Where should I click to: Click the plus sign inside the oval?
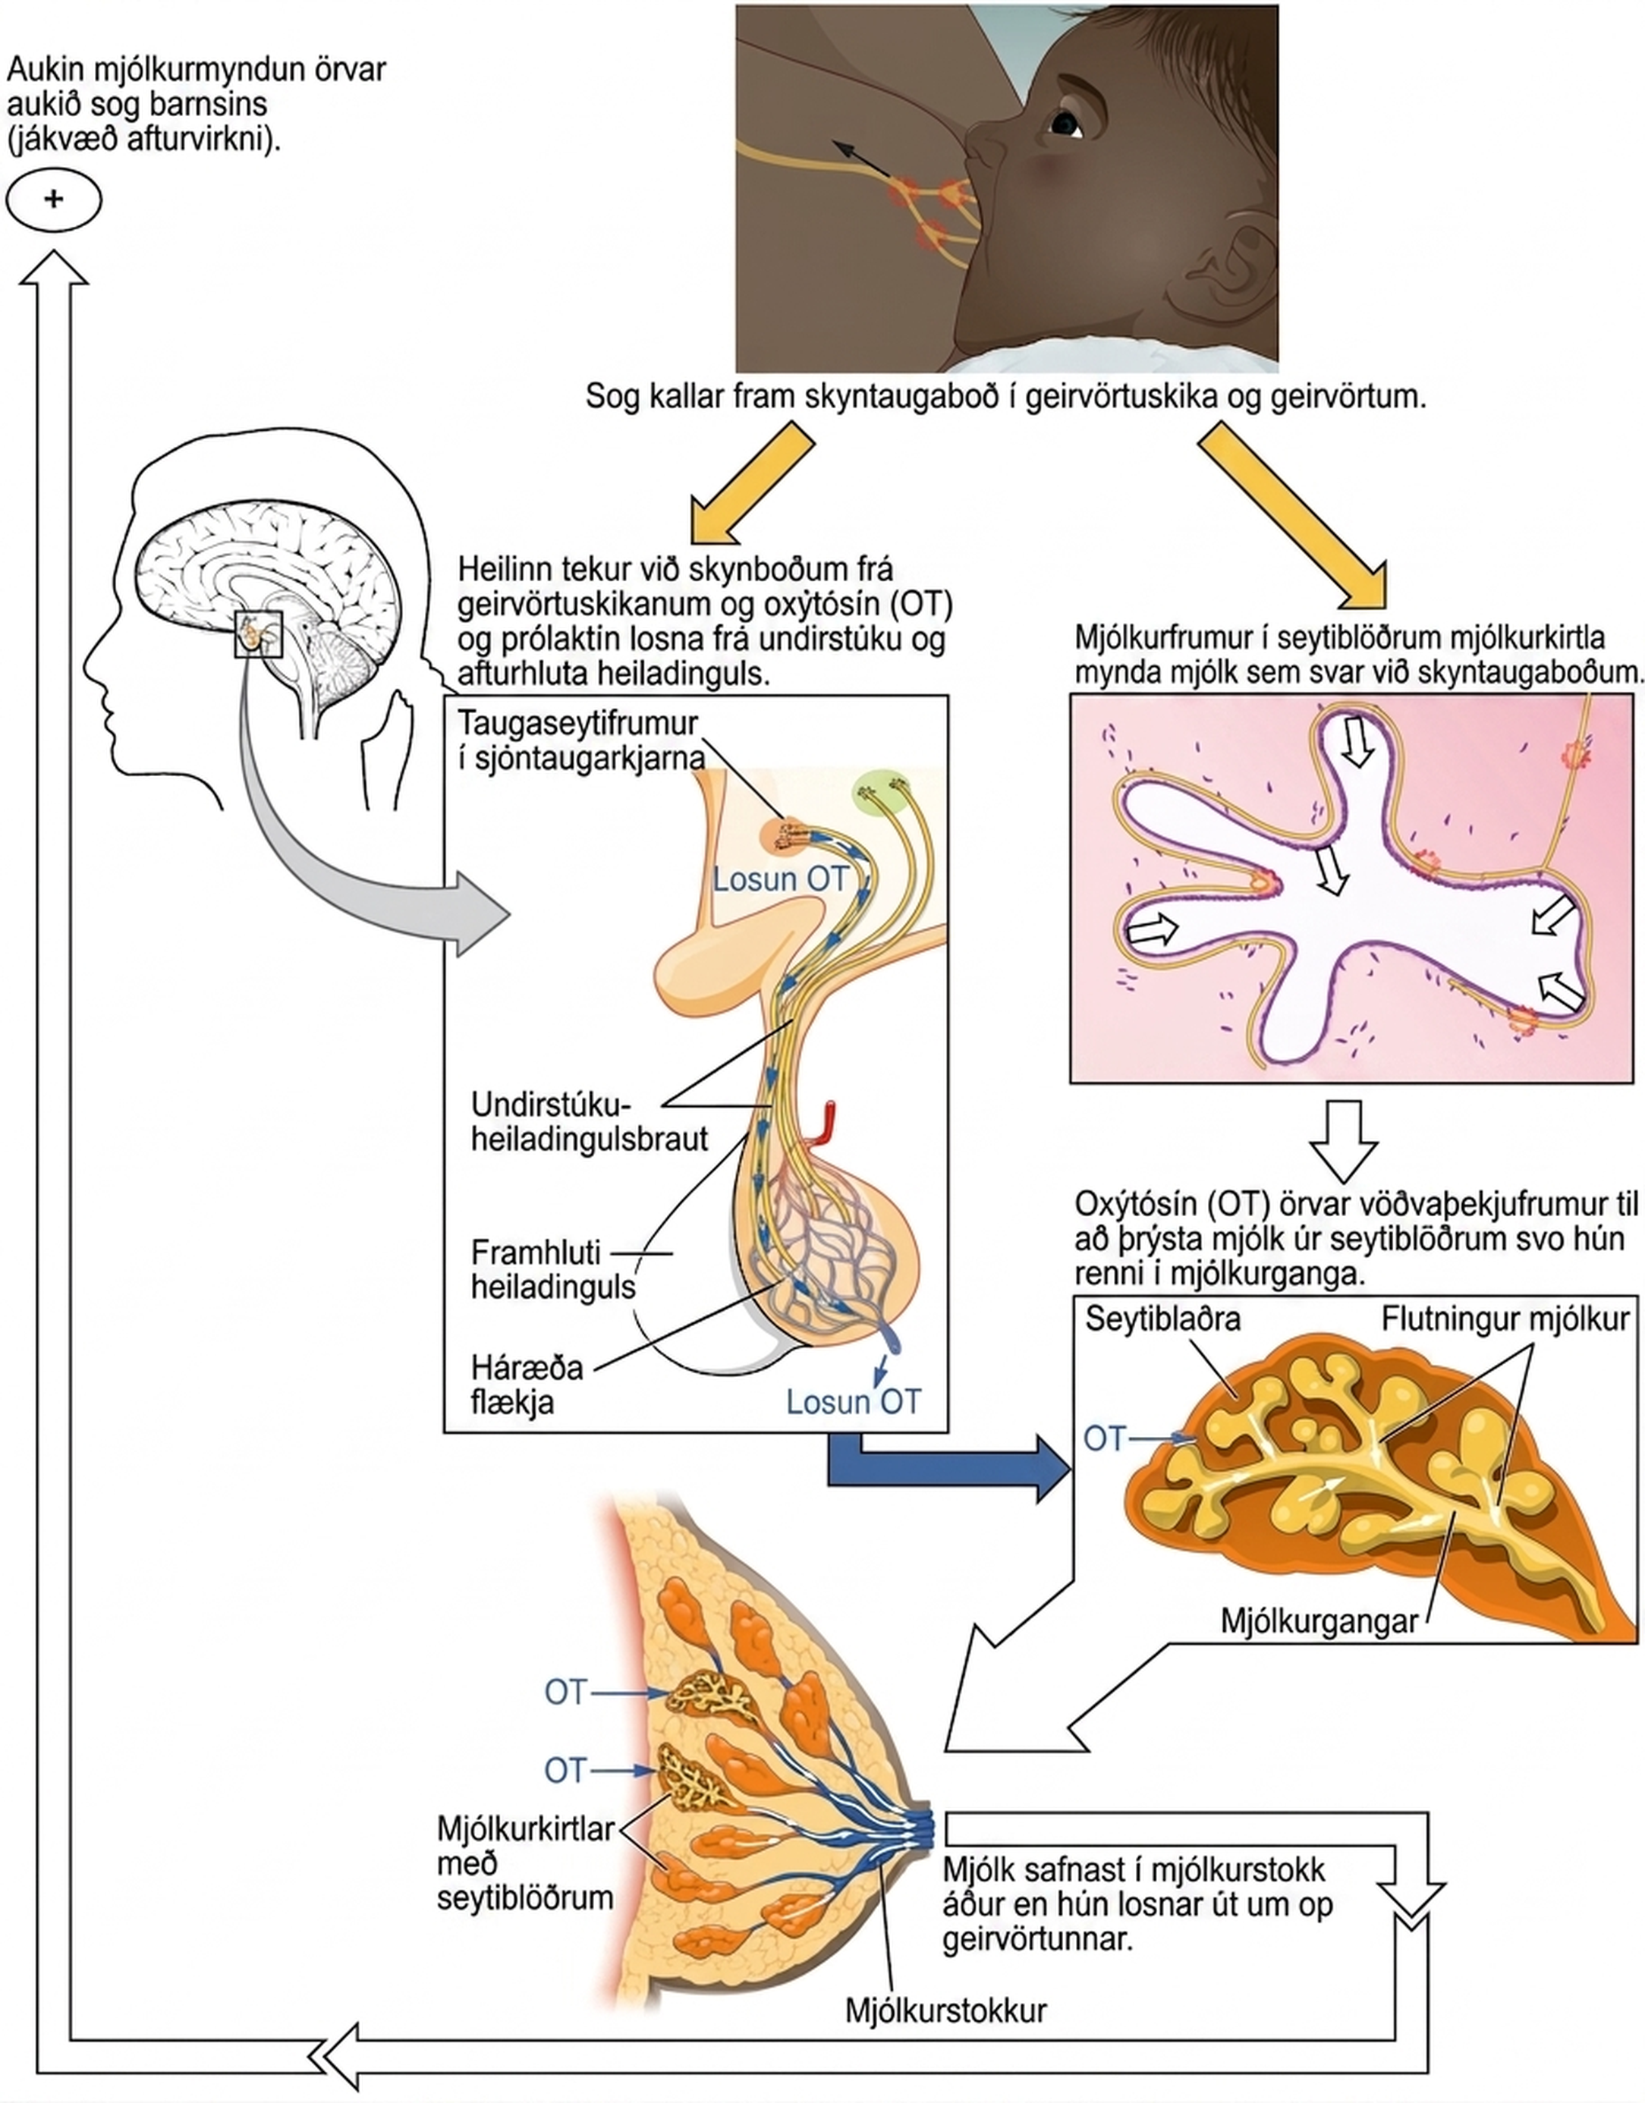(53, 200)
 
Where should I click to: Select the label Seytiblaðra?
(1162, 1319)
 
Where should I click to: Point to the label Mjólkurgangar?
(1319, 1620)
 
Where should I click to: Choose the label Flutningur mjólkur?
(1505, 1319)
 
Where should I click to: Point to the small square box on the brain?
(259, 634)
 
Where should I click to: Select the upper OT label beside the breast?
(565, 1692)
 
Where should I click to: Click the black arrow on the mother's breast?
(861, 159)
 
